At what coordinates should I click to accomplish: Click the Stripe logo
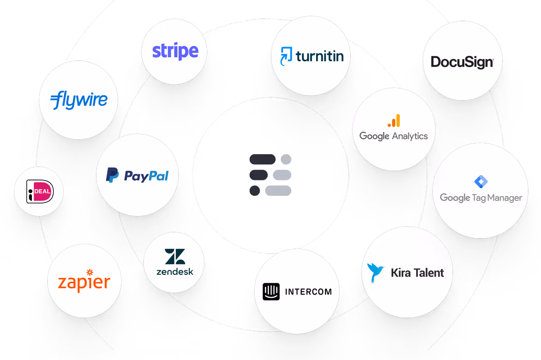pos(175,51)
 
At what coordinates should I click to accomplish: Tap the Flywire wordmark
pos(79,100)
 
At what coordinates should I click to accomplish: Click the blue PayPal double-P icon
pos(112,175)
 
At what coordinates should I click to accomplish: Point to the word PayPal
pos(146,175)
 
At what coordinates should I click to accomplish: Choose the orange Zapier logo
pos(84,282)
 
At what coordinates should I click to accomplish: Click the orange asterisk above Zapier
pos(89,272)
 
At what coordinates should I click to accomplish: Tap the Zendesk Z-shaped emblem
pos(174,257)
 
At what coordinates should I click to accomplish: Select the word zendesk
pos(174,272)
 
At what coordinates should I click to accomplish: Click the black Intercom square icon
pos(271,291)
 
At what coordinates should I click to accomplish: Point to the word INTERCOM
pos(308,291)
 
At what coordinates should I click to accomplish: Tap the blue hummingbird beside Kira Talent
pos(376,272)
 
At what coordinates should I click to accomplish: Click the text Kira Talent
pos(417,272)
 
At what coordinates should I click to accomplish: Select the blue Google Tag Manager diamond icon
pos(481,182)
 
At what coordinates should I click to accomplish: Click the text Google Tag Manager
pos(481,198)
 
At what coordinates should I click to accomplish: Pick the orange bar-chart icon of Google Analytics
pos(394,121)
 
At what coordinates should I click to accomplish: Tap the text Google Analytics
pos(393,136)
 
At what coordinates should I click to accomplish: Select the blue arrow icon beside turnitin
pos(286,56)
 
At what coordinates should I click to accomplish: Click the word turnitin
pos(320,56)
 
